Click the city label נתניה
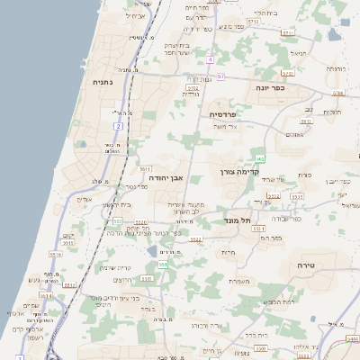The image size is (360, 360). coord(103,82)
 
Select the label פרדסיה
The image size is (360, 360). coord(223,114)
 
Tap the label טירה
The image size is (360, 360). coord(301,266)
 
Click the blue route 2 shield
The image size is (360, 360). coord(117,127)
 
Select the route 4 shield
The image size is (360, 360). coord(209,59)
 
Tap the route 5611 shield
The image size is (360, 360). coord(144,168)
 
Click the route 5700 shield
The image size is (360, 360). coord(289,32)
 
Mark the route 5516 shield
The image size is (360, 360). coord(55,255)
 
